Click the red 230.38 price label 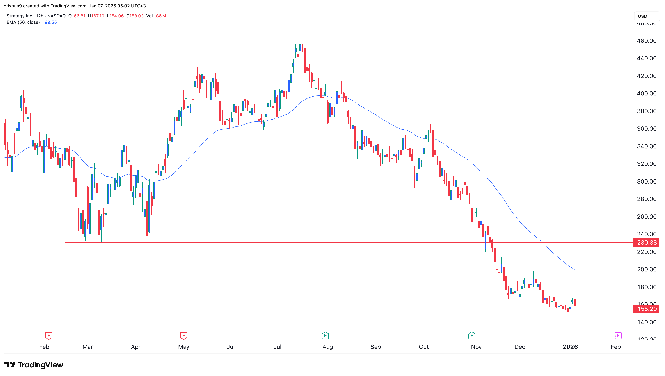646,243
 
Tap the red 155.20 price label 646,309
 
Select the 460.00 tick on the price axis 646,41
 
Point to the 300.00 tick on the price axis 646,181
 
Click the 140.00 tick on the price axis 646,322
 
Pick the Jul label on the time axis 277,347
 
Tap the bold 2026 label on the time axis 570,347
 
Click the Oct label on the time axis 424,347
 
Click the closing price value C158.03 135,16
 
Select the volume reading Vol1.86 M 156,16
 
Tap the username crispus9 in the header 13,6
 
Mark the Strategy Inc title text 19,16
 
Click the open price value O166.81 77,16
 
